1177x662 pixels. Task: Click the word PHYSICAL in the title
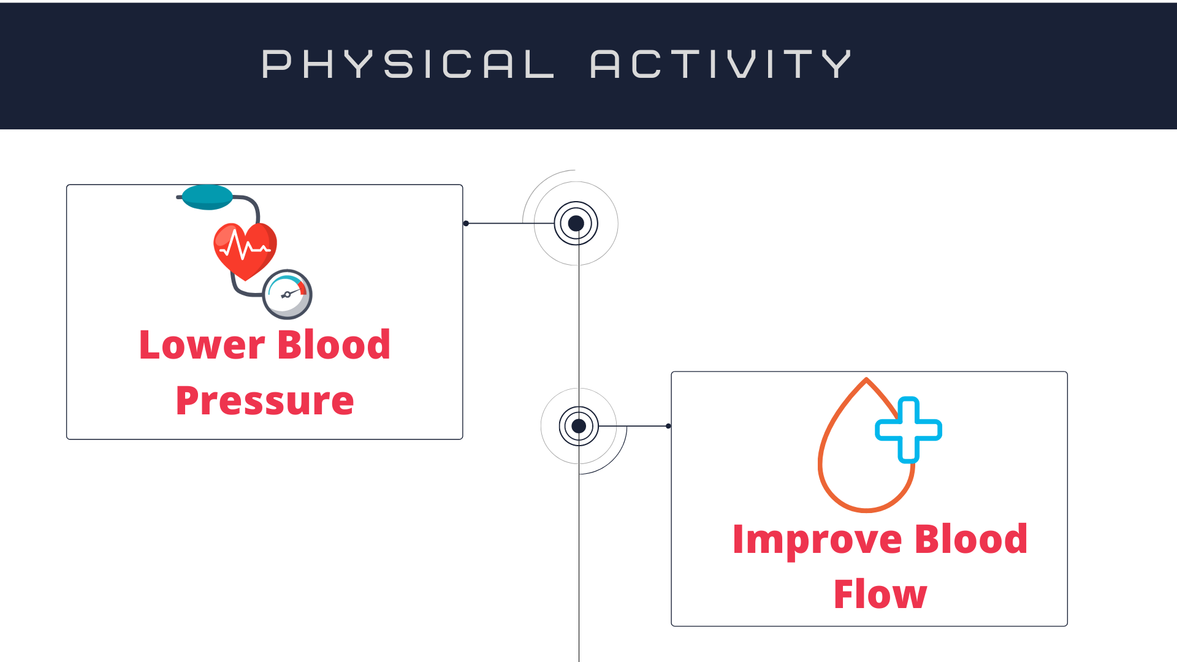click(x=408, y=64)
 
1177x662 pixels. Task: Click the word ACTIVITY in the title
click(x=720, y=64)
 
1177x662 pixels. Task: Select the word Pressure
click(x=265, y=401)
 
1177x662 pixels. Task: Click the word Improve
click(x=817, y=540)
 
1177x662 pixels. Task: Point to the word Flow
click(x=880, y=595)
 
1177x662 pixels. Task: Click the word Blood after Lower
click(x=333, y=344)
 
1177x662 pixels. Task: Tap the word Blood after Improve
click(x=971, y=539)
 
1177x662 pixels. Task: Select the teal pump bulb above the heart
click(x=207, y=197)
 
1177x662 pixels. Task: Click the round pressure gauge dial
click(x=287, y=294)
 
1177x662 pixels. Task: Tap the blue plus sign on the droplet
click(x=908, y=430)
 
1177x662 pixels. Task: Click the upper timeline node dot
click(x=576, y=224)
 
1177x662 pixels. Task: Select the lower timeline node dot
click(x=579, y=426)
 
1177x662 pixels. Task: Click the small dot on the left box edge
click(x=466, y=224)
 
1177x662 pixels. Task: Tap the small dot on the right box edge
click(x=668, y=426)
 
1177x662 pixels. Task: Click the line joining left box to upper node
click(x=509, y=224)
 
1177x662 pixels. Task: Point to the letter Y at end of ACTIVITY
click(x=836, y=64)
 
